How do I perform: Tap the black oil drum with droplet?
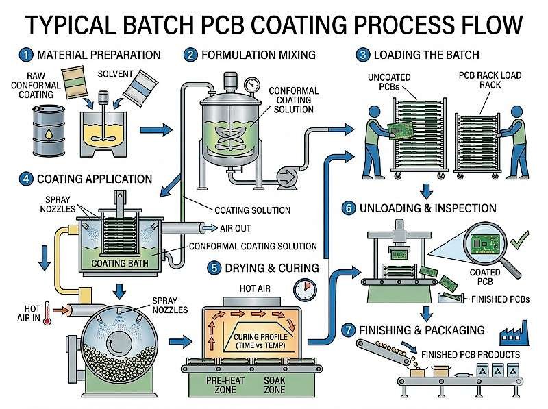pyautogui.click(x=49, y=130)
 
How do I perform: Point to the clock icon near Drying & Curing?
pyautogui.click(x=301, y=290)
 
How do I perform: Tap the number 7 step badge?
pyautogui.click(x=350, y=330)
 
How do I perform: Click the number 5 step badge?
pyautogui.click(x=214, y=267)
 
